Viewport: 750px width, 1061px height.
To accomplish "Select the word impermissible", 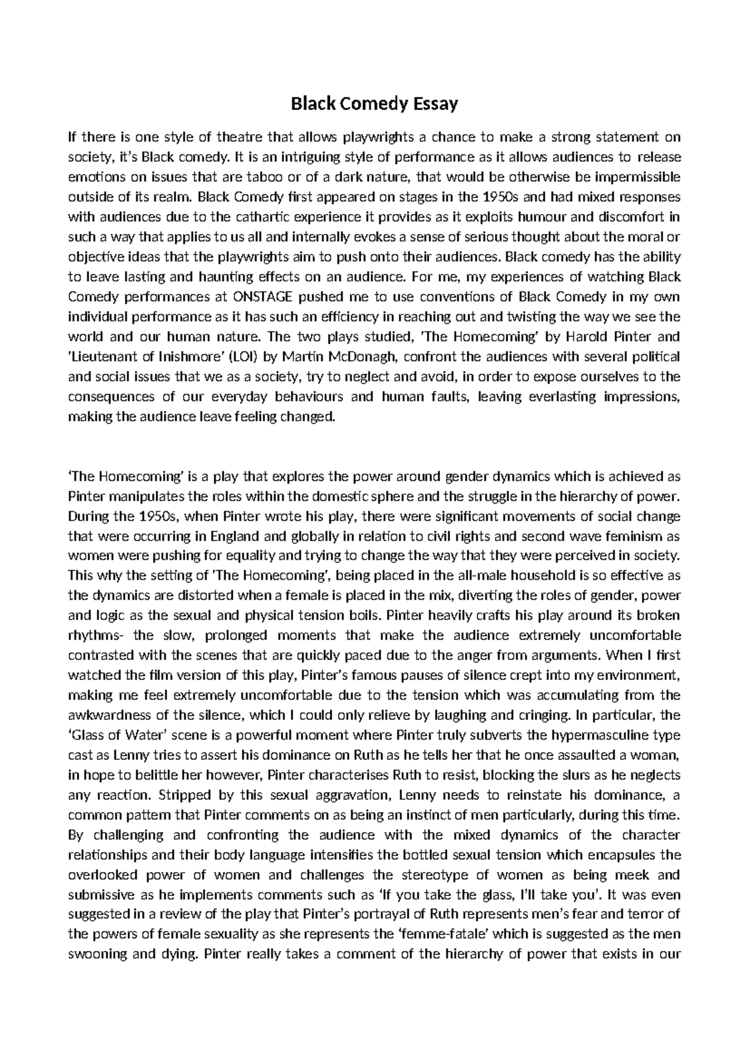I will coord(638,177).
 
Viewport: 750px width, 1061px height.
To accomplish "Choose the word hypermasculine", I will coord(609,735).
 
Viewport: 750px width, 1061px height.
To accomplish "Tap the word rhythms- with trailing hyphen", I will coord(96,636).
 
